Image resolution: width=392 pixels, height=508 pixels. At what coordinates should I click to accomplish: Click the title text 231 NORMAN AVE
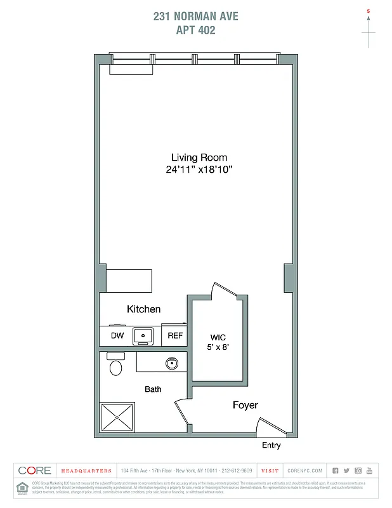point(195,16)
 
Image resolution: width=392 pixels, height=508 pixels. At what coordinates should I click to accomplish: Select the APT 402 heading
point(195,30)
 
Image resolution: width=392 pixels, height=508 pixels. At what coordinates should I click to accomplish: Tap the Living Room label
point(199,157)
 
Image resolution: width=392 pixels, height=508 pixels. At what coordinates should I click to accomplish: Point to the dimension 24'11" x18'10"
point(199,170)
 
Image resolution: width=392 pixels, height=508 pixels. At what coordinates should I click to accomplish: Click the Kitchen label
point(144,309)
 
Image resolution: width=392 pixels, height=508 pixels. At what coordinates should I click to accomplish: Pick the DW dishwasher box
point(117,335)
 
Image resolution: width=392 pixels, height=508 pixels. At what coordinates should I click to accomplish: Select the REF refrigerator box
point(175,335)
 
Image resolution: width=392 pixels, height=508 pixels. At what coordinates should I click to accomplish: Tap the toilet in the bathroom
point(115,366)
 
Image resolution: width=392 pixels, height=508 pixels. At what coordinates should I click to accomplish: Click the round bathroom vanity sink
point(171,363)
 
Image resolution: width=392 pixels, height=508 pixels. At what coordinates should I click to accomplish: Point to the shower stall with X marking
point(117,417)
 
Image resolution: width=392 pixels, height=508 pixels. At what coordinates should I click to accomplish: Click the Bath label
point(153,389)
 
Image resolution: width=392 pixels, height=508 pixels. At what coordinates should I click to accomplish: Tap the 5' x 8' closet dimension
point(218,347)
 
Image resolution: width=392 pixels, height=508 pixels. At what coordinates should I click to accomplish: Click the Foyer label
point(245,405)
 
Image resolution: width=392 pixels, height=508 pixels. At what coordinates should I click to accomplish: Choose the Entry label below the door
point(271,445)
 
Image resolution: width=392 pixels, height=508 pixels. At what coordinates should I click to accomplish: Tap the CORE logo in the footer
point(35,471)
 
